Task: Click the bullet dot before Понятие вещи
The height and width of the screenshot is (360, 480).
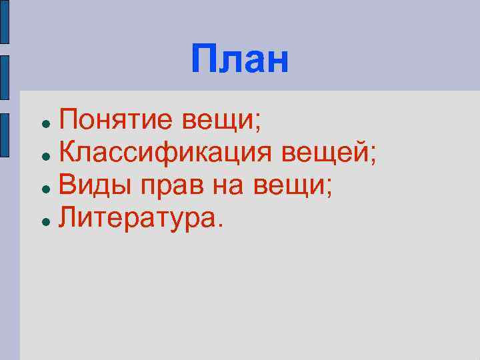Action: coord(43,125)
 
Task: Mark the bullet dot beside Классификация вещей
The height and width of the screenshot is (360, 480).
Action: coord(43,156)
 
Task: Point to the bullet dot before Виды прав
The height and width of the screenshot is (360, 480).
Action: coord(43,188)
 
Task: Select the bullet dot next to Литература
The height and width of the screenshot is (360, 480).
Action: coord(43,219)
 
